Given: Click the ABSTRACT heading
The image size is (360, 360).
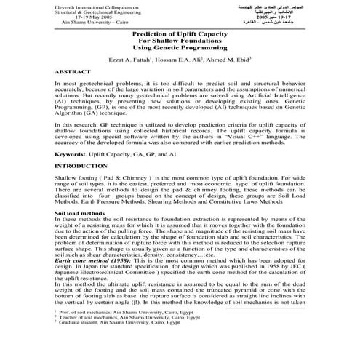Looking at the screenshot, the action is click(x=73, y=74).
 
